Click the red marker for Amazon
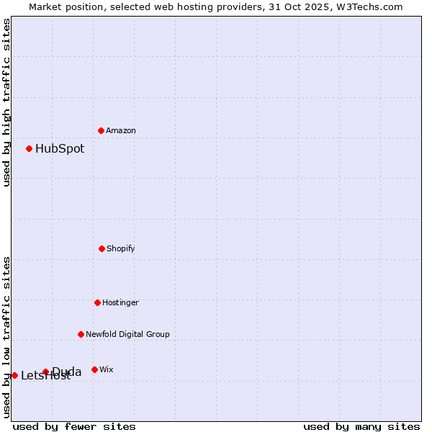point(101,130)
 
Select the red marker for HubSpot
point(30,148)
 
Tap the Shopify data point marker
point(102,248)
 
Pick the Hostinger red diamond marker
point(97,302)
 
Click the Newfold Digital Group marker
point(81,334)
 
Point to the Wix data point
point(94,369)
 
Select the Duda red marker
point(45,372)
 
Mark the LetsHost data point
point(14,375)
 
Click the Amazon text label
point(121,130)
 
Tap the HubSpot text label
point(60,149)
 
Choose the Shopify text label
point(121,248)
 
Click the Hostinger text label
point(120,302)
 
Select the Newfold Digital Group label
point(127,334)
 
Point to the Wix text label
point(107,369)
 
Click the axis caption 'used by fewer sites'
point(74,426)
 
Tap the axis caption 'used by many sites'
point(361,426)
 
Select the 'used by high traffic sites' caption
point(6,102)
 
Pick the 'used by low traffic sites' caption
point(6,337)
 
